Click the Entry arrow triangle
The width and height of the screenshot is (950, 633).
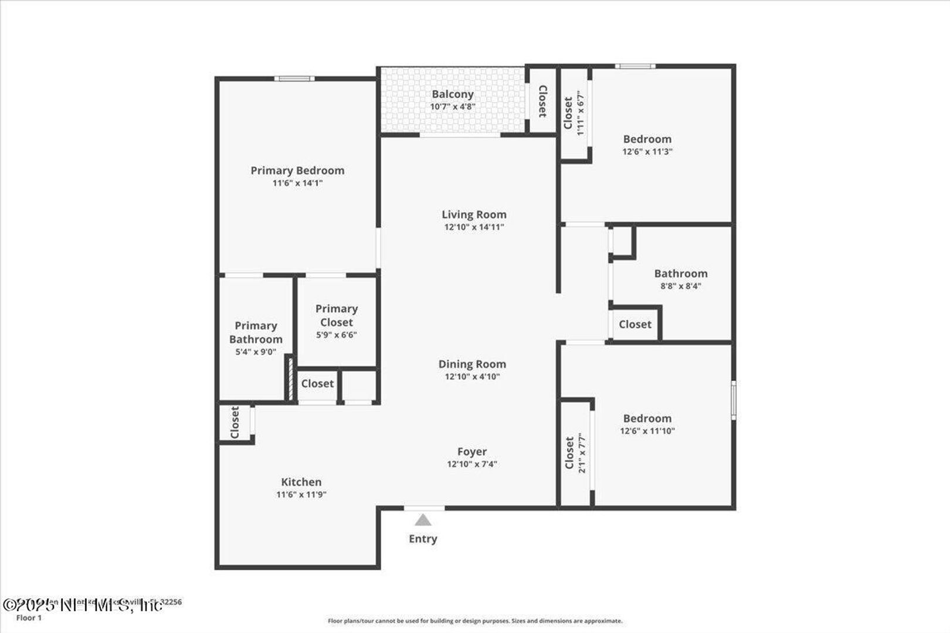point(423,520)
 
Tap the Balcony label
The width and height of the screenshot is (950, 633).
point(452,94)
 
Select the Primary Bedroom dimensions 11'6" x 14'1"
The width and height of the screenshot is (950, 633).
point(297,183)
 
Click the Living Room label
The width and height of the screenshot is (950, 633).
point(474,215)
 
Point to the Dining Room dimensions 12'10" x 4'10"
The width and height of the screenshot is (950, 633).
point(472,377)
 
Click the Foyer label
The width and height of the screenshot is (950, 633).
point(472,452)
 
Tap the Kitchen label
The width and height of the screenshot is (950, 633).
point(301,482)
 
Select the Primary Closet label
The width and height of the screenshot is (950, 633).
point(337,315)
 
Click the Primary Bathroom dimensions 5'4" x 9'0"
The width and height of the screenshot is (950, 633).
point(256,352)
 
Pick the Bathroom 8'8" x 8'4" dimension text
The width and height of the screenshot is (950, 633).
point(680,286)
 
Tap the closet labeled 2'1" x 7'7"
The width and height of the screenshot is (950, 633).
point(575,452)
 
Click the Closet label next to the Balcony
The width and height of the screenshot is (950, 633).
point(542,101)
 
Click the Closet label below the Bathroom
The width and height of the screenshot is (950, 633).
point(635,324)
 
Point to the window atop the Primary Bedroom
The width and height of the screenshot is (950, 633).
point(294,79)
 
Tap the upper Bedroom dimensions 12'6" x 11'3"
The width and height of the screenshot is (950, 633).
point(647,152)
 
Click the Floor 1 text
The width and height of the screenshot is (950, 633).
point(29,618)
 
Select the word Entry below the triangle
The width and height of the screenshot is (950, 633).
point(423,539)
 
